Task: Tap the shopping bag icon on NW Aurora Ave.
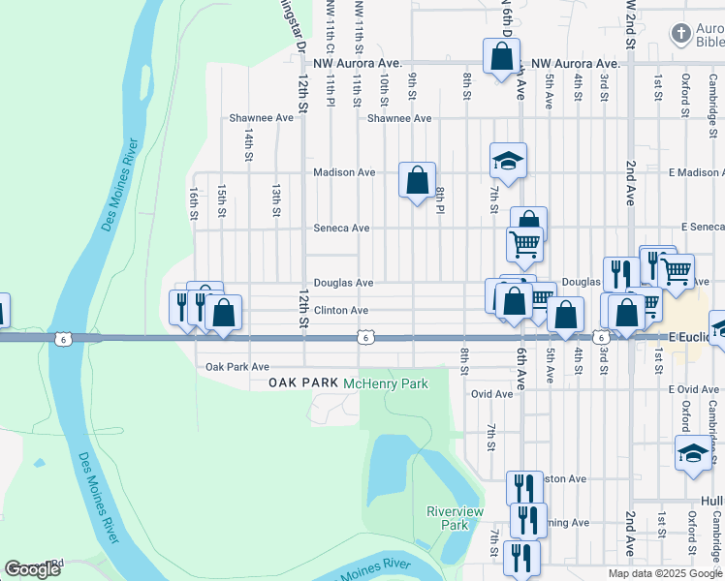502,57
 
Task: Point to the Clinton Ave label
340,311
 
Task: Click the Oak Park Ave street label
237,368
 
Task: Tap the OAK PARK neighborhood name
303,384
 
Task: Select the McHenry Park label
386,384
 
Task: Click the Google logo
32,569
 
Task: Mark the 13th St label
276,199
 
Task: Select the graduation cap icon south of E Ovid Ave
694,454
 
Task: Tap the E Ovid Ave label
694,389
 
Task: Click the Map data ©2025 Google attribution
665,573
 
